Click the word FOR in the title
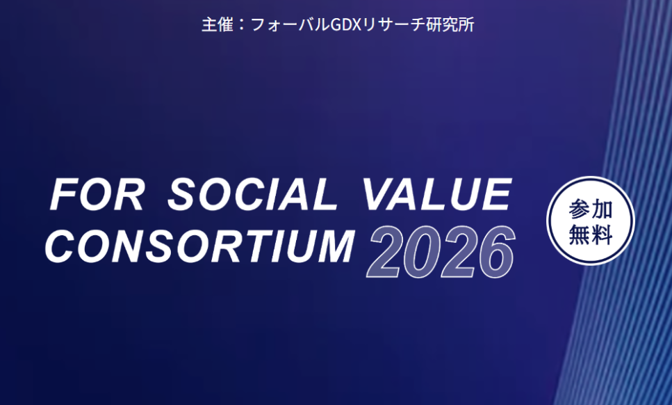click(97, 194)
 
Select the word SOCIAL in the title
click(253, 194)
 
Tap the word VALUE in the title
click(437, 194)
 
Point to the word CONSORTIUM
click(200, 246)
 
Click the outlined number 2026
click(441, 252)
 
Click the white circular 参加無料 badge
click(591, 221)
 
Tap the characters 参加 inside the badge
click(591, 209)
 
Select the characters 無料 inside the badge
click(591, 235)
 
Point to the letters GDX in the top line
click(347, 25)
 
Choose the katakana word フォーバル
click(290, 25)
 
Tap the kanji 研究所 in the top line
click(450, 24)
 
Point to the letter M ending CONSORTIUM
click(334, 246)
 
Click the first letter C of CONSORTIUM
click(60, 246)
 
